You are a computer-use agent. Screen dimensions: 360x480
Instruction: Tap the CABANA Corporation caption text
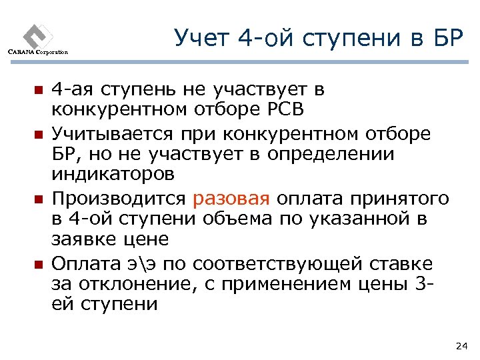37,52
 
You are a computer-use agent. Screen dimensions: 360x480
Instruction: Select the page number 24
460,345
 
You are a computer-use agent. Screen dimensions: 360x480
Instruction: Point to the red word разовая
231,199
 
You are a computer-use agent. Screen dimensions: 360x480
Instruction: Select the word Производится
120,199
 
